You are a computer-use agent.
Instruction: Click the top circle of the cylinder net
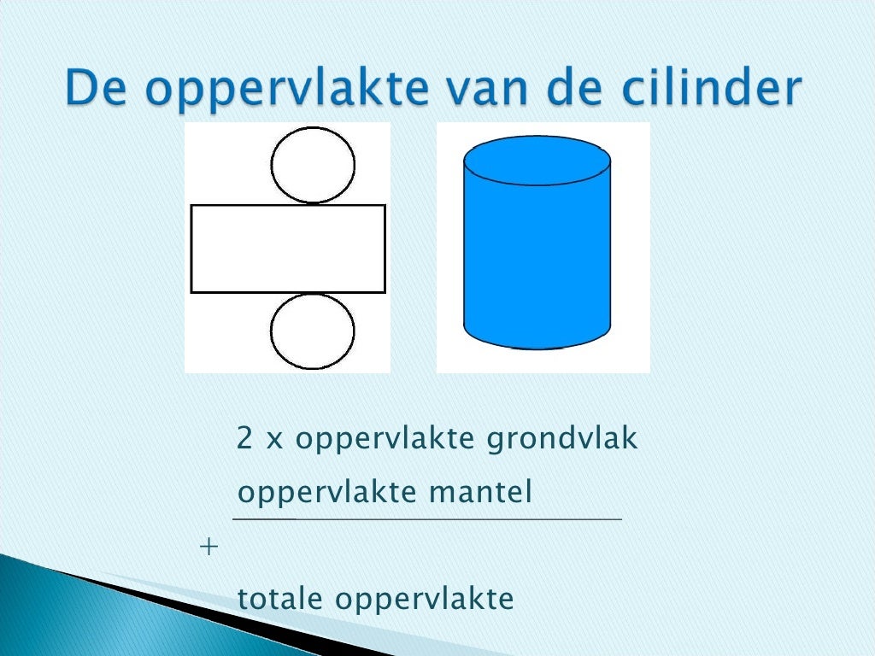313,165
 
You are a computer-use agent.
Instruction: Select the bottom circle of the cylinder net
313,331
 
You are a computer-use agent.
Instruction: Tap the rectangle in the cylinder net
288,249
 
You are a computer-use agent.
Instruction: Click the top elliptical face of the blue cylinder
537,161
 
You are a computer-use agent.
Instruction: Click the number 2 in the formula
245,439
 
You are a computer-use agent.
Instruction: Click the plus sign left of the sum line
208,548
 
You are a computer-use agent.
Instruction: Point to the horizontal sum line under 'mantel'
427,518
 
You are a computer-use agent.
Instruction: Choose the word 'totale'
281,599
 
